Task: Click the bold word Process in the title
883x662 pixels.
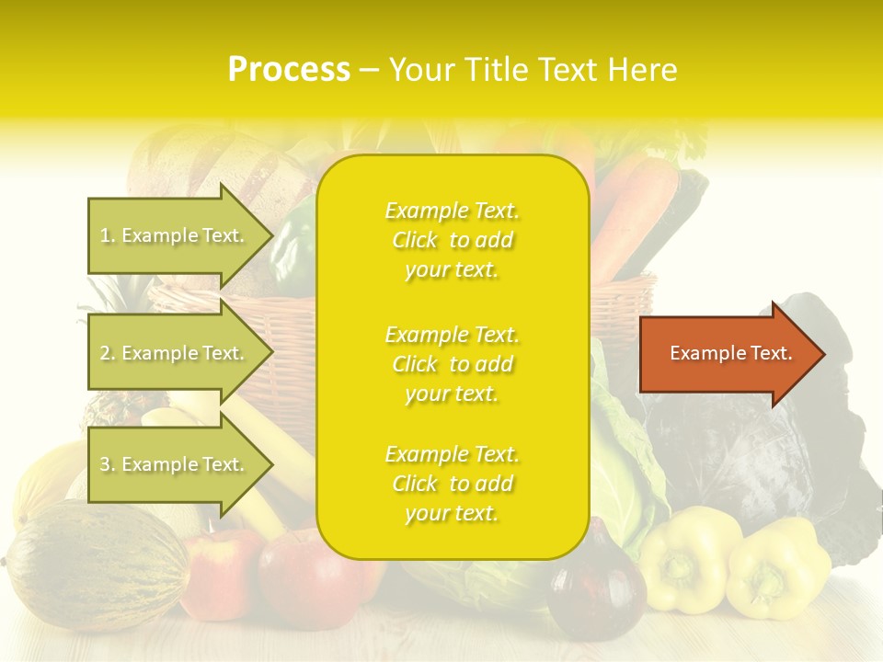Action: (289, 70)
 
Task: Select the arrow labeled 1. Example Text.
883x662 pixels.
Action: (175, 235)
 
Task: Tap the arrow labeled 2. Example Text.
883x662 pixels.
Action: (175, 353)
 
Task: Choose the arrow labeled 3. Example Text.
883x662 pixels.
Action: (175, 464)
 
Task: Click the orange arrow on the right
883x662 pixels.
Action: (727, 353)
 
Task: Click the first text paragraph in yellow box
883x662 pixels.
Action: (452, 240)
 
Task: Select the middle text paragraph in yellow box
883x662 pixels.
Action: (452, 364)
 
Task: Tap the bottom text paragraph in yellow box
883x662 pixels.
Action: (452, 484)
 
